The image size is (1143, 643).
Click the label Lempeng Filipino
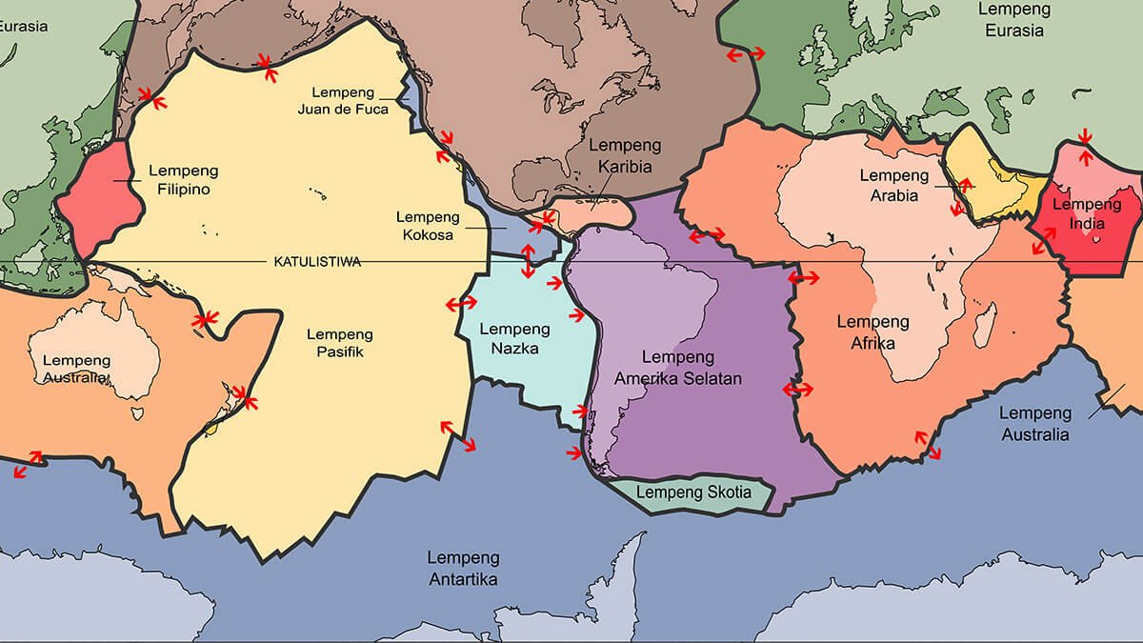click(x=184, y=180)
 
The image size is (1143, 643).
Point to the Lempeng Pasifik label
click(x=340, y=344)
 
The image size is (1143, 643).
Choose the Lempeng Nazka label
click(x=514, y=338)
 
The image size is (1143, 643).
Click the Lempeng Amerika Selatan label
click(x=678, y=368)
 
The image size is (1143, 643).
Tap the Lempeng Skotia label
click(x=693, y=493)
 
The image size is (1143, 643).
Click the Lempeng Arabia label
click(x=893, y=186)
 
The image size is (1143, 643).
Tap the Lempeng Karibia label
click(x=620, y=157)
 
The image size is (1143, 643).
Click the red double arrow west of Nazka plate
click(x=462, y=303)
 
